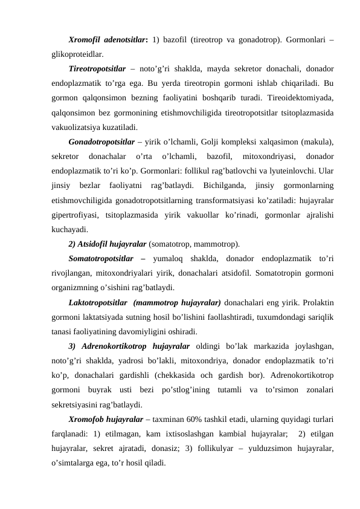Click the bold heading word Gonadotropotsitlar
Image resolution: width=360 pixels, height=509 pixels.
103,141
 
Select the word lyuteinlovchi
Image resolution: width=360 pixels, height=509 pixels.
290,171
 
